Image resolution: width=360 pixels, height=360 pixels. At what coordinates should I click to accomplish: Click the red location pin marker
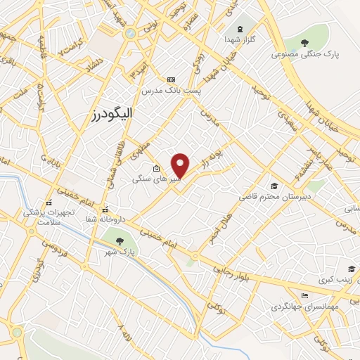point(181,165)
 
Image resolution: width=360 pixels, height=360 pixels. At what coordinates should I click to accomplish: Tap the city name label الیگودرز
point(112,113)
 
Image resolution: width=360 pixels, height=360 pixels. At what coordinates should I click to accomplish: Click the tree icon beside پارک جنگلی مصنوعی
point(304,44)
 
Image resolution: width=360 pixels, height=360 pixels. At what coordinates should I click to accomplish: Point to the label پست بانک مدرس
point(172,91)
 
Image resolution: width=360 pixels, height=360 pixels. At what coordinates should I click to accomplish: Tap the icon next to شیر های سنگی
point(156,169)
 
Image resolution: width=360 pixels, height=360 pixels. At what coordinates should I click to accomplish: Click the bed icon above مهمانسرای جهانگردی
point(304,295)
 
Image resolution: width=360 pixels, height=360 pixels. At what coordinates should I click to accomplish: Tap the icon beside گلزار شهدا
point(240,29)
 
